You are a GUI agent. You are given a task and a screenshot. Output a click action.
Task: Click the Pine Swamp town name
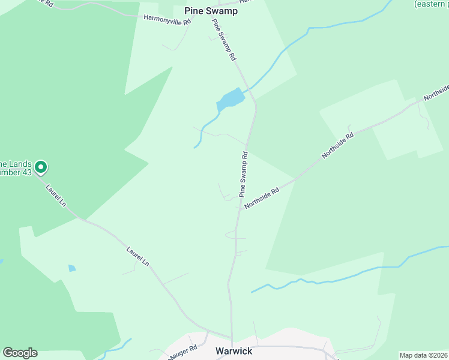[211, 11]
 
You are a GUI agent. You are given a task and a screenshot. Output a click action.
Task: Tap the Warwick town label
[235, 350]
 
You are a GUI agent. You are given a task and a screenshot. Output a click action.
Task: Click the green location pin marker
[41, 166]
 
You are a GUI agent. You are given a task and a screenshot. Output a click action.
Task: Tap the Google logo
[20, 353]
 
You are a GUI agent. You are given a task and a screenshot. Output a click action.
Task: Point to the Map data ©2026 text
[423, 355]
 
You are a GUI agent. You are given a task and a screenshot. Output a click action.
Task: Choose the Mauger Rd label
[184, 350]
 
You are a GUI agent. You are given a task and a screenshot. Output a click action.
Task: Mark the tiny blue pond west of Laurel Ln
[72, 268]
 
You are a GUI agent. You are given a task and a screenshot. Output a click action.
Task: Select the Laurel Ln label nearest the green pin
[56, 196]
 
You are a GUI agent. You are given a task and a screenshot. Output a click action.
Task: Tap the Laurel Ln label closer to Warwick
[138, 256]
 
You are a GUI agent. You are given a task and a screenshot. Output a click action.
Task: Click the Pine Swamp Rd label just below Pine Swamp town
[223, 40]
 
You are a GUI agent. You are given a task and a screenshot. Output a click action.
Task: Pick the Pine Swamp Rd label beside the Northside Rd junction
[244, 174]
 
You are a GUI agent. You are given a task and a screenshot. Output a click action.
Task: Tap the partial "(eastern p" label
[431, 4]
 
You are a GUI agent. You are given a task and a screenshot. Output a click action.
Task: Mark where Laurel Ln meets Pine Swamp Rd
[231, 337]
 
